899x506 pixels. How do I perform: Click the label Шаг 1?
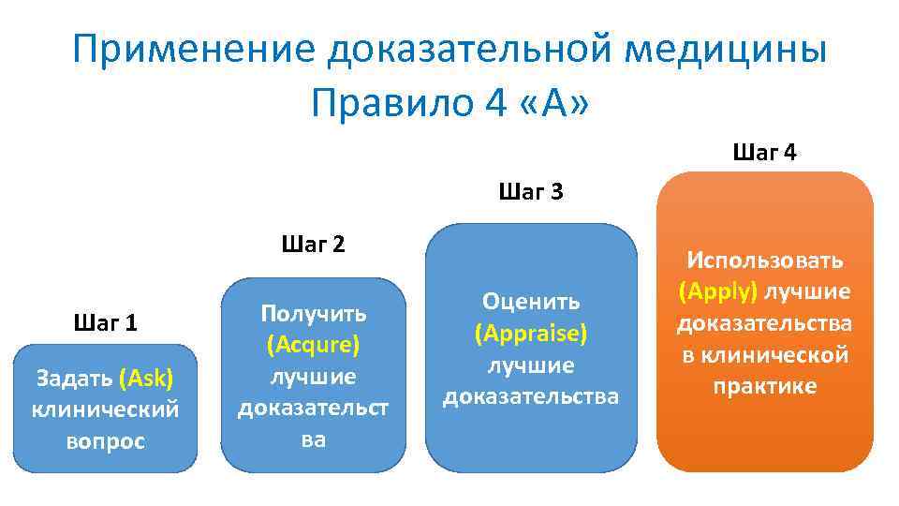(x=105, y=323)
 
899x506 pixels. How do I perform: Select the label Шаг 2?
(x=313, y=246)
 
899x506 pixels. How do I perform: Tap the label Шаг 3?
(x=531, y=194)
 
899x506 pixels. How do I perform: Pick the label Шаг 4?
(x=765, y=153)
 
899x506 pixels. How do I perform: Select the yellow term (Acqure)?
(x=313, y=345)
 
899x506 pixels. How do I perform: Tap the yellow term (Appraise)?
(x=531, y=333)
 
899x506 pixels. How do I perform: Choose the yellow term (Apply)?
(x=717, y=291)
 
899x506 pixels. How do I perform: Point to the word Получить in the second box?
(x=313, y=313)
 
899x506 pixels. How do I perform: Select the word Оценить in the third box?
(x=531, y=301)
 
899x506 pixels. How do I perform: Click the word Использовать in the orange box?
(x=765, y=260)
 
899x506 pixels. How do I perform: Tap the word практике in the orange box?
(x=765, y=386)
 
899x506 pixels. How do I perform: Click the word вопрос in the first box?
(x=105, y=441)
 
